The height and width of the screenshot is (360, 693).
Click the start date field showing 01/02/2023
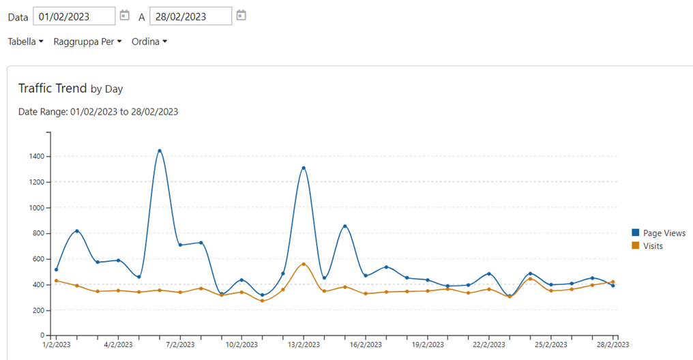(x=74, y=16)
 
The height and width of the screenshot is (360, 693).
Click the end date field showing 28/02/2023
(x=190, y=16)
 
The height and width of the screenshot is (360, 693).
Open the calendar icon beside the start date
(x=124, y=15)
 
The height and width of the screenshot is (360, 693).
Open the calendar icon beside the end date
(x=241, y=15)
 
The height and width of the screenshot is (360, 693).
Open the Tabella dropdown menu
(x=25, y=42)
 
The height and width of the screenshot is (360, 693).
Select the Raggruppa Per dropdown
(x=87, y=42)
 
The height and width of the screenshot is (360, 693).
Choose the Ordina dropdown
(x=149, y=42)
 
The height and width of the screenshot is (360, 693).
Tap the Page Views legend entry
(x=664, y=233)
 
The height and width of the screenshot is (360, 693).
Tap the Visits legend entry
(x=653, y=246)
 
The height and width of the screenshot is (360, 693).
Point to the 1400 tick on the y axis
(x=37, y=157)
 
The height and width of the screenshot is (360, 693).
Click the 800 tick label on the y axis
(x=39, y=234)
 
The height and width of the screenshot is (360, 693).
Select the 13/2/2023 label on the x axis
(x=304, y=346)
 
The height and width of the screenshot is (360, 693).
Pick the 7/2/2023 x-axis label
(x=179, y=346)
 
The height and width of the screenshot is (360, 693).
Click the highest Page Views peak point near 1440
(x=160, y=151)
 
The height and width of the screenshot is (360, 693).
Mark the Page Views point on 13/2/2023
(x=304, y=168)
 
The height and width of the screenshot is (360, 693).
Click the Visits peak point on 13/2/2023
(x=304, y=264)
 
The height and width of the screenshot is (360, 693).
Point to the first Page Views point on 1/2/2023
(x=56, y=269)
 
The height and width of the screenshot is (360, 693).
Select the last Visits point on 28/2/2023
(x=613, y=282)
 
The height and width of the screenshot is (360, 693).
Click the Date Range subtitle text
(x=98, y=112)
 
